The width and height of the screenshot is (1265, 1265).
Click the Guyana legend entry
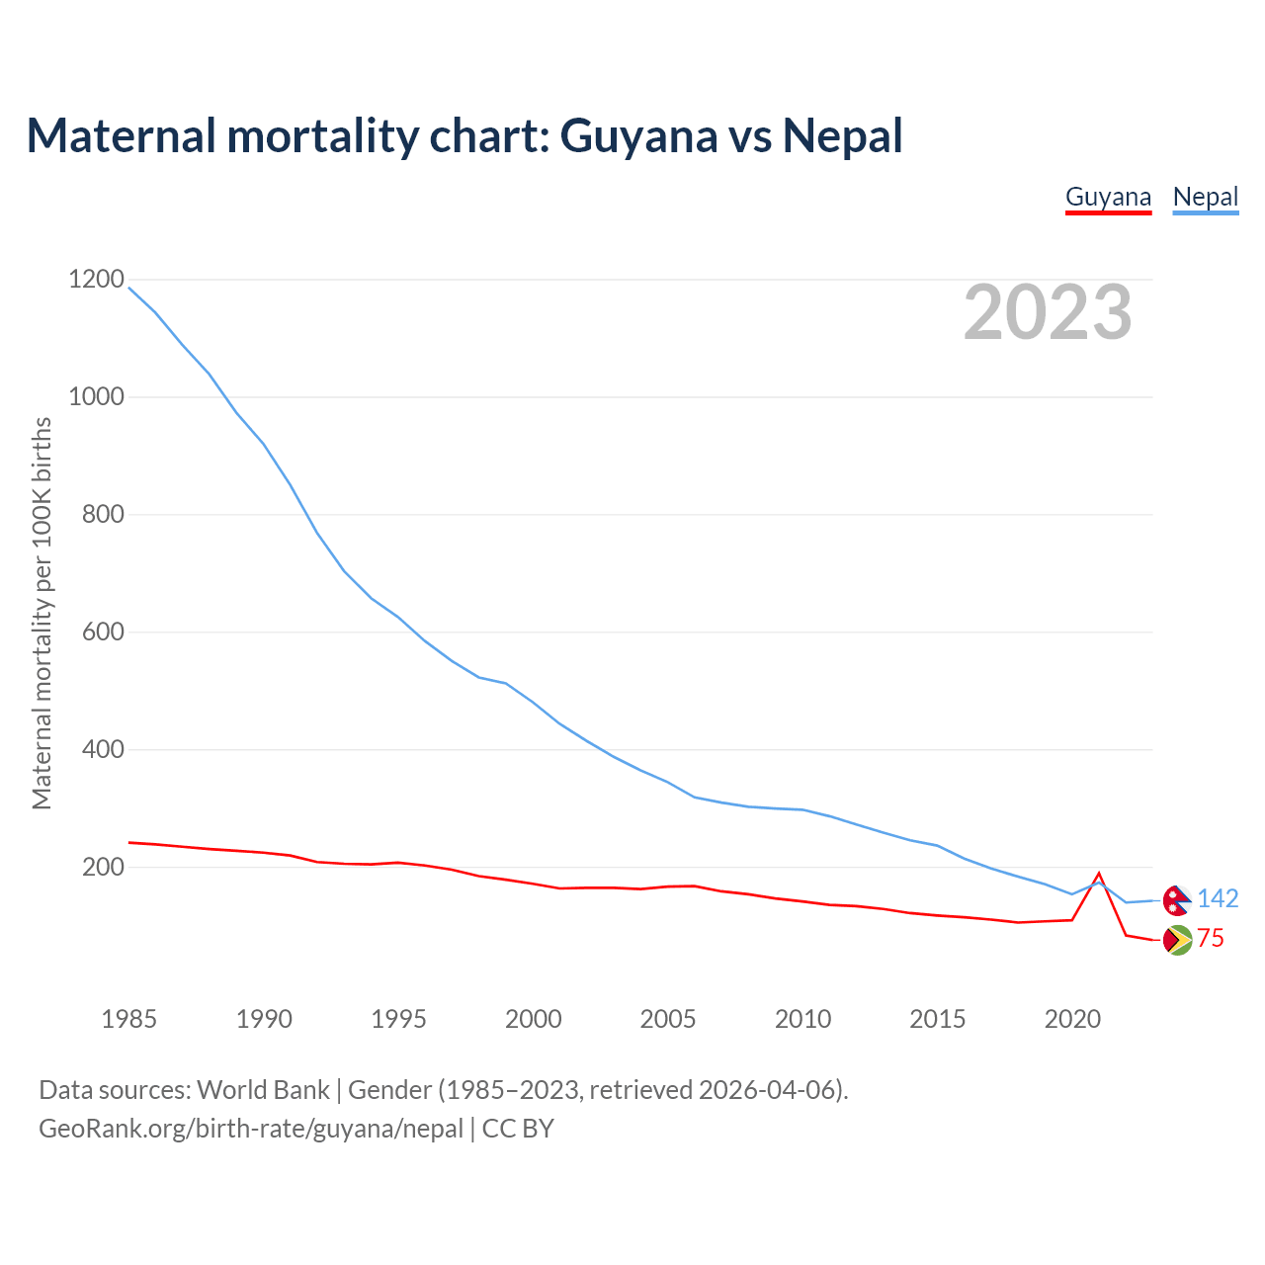(1108, 197)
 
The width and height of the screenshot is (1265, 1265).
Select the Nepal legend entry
(1205, 197)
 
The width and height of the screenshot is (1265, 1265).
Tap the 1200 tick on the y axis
(97, 280)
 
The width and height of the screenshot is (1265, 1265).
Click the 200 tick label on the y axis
(104, 867)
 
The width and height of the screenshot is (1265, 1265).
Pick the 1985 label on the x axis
(128, 1019)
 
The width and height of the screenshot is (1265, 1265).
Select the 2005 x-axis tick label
(668, 1019)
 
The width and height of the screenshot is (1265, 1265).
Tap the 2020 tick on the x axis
(1072, 1019)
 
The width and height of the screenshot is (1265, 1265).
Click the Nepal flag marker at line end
(1176, 900)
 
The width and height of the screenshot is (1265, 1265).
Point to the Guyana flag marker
(1176, 940)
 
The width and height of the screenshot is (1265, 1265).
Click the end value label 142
(1218, 898)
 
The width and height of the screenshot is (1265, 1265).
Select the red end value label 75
(1211, 939)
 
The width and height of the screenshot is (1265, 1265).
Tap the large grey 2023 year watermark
(1048, 312)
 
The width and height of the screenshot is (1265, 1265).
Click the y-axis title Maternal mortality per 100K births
(42, 613)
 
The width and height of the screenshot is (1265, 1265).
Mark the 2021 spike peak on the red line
(1099, 874)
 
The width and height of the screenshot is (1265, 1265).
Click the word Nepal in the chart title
(842, 135)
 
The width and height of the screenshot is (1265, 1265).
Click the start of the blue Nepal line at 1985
(129, 288)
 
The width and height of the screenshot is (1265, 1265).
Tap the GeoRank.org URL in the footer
(251, 1129)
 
